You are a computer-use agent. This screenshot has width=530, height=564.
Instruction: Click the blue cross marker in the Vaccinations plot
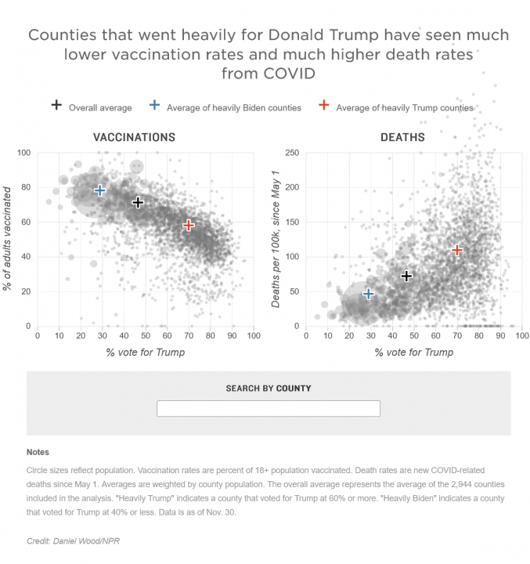[100, 190]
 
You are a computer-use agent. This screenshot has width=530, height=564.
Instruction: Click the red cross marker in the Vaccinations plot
[189, 226]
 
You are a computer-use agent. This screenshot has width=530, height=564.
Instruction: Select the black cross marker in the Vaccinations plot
[138, 203]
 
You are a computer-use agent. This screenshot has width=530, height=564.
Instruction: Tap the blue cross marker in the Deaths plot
[369, 294]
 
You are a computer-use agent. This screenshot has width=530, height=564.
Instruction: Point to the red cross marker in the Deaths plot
[457, 250]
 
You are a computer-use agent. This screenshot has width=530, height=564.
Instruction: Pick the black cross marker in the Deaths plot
[406, 276]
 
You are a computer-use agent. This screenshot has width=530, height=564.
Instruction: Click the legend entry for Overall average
[92, 107]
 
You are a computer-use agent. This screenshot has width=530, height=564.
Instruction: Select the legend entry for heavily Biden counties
[225, 107]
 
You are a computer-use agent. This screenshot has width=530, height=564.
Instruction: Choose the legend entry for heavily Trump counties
[397, 107]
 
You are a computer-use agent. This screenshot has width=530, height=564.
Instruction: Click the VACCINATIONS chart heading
[134, 137]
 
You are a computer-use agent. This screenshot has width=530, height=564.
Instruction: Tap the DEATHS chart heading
[402, 137]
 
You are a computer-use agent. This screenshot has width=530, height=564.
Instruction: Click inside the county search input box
[268, 409]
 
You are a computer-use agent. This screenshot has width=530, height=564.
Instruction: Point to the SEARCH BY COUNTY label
[268, 389]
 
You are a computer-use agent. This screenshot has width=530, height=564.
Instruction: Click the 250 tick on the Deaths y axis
[291, 153]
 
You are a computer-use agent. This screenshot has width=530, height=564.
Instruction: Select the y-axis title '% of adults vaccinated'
[7, 238]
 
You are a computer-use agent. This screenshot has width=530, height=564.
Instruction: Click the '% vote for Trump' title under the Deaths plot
[413, 352]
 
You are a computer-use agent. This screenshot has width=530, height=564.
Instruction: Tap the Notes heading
[38, 453]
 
